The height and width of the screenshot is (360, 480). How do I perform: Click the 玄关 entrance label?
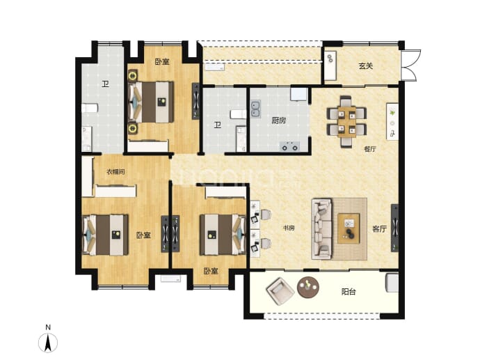pos(366,66)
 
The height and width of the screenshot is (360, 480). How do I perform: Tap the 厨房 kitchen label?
pos(279,120)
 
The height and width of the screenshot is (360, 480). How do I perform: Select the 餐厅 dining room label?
pos(370,149)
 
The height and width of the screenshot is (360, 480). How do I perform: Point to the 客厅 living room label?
pos(380,229)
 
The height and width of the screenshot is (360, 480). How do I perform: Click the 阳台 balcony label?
pos(349,292)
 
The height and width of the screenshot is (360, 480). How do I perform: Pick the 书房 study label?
pos(289,228)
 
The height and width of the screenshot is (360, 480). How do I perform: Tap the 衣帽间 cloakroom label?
pos(115,171)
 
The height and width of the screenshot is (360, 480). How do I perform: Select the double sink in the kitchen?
pos(255,109)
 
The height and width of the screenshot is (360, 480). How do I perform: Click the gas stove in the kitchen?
pos(289,146)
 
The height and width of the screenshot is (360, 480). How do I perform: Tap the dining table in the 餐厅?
pos(346,121)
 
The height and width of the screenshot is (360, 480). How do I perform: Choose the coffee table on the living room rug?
pos(349,228)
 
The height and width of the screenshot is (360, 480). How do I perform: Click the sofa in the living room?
pos(321,229)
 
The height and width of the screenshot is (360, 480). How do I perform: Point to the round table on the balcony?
pos(308,288)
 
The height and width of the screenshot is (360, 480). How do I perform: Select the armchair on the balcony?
pos(280,291)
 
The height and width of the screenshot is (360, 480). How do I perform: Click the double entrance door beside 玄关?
pos(410,65)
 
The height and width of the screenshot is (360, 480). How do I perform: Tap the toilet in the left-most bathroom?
pos(90,109)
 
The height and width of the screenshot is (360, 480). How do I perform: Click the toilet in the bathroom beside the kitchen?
pos(239,114)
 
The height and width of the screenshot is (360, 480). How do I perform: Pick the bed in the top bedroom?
pos(151,102)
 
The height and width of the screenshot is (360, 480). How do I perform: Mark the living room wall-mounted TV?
pos(394,228)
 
